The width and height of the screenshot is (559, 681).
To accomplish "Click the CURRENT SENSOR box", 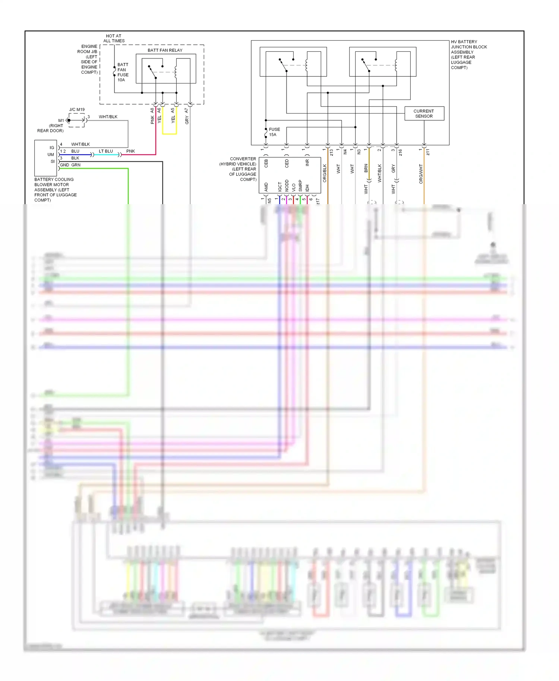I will click(x=424, y=114).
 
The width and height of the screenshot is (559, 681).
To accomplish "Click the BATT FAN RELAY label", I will click(x=165, y=50).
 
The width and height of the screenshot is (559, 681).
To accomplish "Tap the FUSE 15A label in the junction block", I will click(x=274, y=132).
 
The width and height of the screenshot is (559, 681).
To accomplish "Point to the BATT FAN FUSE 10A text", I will click(x=123, y=72).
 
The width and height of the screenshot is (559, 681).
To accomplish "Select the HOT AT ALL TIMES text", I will click(x=114, y=38).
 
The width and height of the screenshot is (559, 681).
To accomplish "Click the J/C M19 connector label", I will click(x=77, y=110).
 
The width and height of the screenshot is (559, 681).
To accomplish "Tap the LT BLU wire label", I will click(x=106, y=151).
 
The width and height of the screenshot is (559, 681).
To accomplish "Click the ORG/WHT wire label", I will click(x=421, y=174).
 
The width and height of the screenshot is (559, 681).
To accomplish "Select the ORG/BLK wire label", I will click(x=325, y=173).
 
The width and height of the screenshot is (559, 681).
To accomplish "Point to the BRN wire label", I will click(x=366, y=168).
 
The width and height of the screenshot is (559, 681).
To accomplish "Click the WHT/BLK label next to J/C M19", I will click(x=108, y=117).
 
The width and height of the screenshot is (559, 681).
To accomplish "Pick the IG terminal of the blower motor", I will click(x=52, y=148).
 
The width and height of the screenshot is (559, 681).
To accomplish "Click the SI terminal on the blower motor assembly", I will click(x=53, y=161).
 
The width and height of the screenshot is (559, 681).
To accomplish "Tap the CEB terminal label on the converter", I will click(x=266, y=163).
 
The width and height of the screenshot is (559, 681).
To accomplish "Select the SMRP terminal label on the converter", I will click(x=300, y=186).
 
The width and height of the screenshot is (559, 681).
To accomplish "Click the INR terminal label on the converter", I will click(x=307, y=163).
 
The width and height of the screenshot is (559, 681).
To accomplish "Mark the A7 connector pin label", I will click(x=186, y=111).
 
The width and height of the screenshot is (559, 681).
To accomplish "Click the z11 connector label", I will click(x=428, y=152).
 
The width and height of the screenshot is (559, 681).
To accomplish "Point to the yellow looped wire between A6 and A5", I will click(x=169, y=133).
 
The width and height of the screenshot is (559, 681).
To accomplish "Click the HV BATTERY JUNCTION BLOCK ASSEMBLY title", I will click(x=468, y=54).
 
